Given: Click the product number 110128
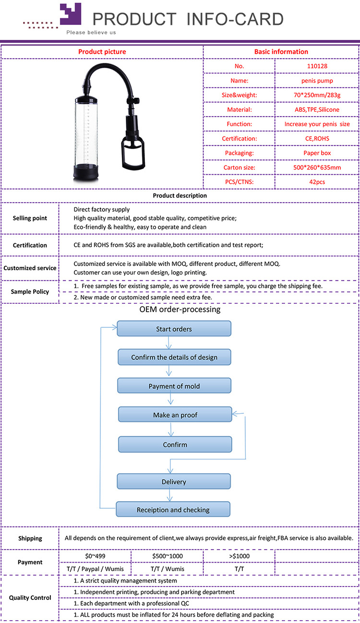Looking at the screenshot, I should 317,66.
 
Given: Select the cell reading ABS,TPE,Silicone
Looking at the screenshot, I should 317,109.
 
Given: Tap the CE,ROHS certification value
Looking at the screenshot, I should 317,138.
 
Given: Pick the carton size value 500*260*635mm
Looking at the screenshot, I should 317,168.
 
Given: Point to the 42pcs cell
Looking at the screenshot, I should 317,182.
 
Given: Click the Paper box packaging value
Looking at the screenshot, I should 317,153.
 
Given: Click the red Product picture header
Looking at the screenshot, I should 102,52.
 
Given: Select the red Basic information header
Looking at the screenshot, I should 281,52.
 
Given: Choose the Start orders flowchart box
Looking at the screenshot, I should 174,329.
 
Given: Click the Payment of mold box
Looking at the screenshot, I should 174,386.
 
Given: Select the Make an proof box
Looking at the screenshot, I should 175,415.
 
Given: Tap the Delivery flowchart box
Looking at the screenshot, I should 174,481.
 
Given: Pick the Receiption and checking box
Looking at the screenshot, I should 173,509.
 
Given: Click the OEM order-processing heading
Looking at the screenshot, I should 180,310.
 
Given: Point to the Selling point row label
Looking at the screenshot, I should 30,218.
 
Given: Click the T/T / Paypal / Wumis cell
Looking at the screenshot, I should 95,569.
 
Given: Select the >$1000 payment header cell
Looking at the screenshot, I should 239,556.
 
